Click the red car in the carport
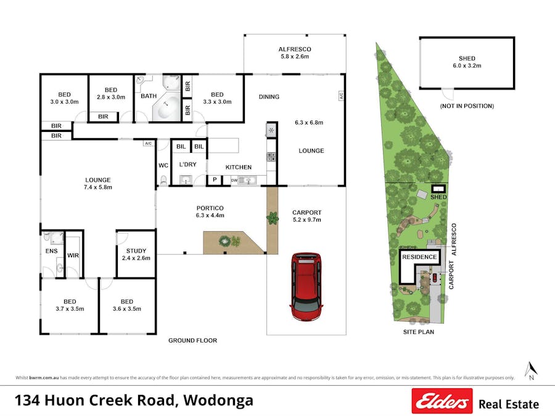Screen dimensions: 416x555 [x=306, y=287]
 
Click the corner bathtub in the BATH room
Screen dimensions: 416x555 [x=166, y=107]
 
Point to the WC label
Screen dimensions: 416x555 [x=163, y=165]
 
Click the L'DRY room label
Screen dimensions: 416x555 [x=187, y=165]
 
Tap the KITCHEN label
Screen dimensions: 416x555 [x=238, y=167]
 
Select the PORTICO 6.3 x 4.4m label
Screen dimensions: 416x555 [x=210, y=211]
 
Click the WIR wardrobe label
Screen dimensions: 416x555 [x=72, y=255]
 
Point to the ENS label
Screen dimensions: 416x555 [x=51, y=251]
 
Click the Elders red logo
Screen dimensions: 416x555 [x=442, y=401]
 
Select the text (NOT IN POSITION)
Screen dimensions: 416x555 [x=467, y=106]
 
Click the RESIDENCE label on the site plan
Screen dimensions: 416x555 [x=419, y=257]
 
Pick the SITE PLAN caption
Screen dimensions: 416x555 [x=414, y=332]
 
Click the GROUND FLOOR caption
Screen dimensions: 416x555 [x=192, y=340]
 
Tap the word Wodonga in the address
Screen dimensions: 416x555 [x=218, y=400]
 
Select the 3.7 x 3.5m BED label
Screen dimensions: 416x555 [x=69, y=305]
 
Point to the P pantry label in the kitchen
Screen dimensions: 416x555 [x=215, y=180]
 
